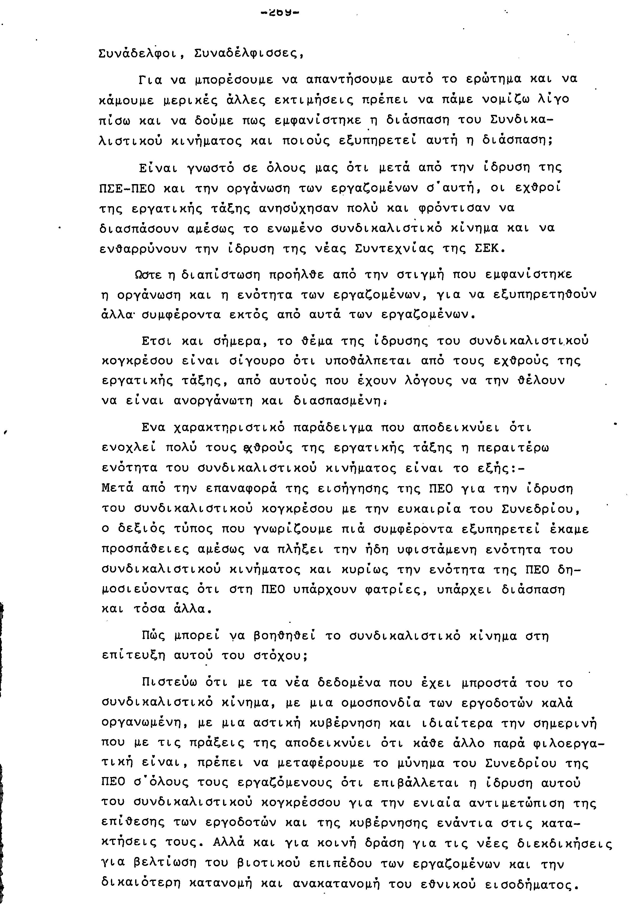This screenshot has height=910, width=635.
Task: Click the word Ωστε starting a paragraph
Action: (x=149, y=274)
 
